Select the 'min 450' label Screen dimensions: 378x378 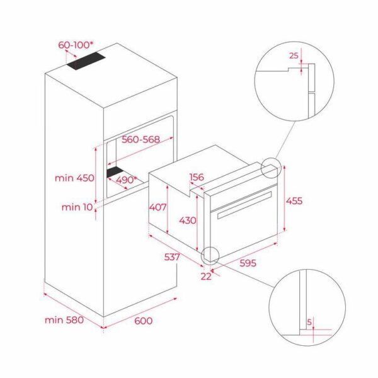(x=74, y=178)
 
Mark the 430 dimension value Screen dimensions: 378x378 (x=187, y=220)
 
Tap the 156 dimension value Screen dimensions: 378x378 (x=197, y=178)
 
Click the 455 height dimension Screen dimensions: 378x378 (x=294, y=200)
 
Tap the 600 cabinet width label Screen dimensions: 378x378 (x=144, y=320)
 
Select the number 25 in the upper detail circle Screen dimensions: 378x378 (x=293, y=55)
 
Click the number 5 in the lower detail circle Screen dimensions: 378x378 (x=309, y=322)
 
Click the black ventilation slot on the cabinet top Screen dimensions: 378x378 (x=88, y=61)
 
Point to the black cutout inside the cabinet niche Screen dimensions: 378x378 (x=115, y=172)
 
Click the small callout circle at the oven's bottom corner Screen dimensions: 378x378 (x=209, y=255)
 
